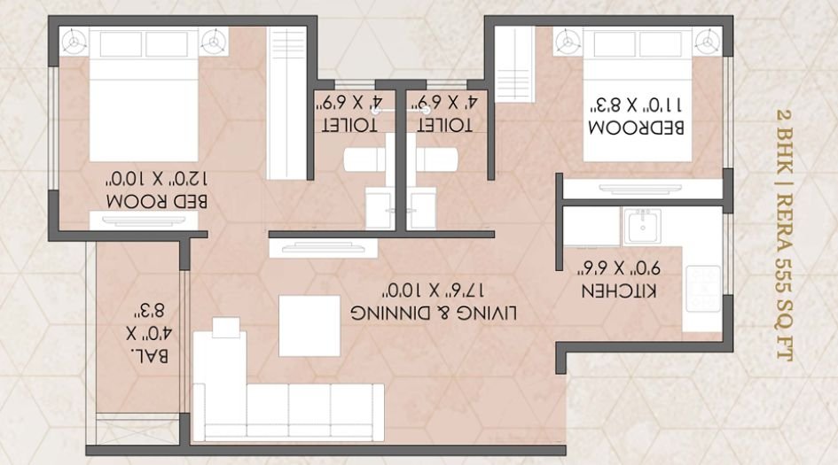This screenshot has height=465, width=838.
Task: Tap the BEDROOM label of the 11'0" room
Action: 637,127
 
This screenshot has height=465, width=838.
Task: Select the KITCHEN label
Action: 618,292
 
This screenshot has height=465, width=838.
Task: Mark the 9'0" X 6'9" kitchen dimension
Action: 617,267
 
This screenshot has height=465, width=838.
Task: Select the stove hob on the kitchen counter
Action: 703,289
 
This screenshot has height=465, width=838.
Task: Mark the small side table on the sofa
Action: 226,328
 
